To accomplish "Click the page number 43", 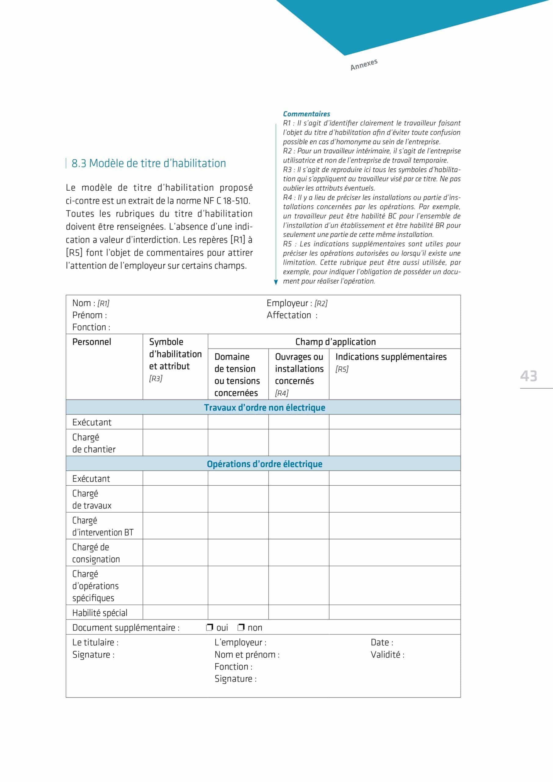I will pyautogui.click(x=528, y=376).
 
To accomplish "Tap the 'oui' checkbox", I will pyautogui.click(x=209, y=627).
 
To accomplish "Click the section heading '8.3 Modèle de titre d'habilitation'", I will pyautogui.click(x=148, y=163).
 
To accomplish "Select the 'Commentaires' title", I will pyautogui.click(x=307, y=114).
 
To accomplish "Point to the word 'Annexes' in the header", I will pyautogui.click(x=364, y=64).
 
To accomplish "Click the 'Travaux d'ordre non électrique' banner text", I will pyautogui.click(x=264, y=408).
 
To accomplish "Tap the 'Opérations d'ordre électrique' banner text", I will pyautogui.click(x=264, y=464).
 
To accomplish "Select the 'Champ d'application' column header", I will pyautogui.click(x=335, y=342).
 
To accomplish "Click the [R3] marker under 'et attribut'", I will pyautogui.click(x=156, y=378).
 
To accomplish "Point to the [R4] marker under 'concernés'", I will pyautogui.click(x=282, y=393).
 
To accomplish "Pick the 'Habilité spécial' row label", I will pyautogui.click(x=100, y=613).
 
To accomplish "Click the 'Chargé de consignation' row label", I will pyautogui.click(x=96, y=553).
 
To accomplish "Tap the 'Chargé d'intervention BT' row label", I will pyautogui.click(x=103, y=526).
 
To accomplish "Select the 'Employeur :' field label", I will pyautogui.click(x=289, y=303).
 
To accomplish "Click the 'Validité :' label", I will pyautogui.click(x=387, y=655).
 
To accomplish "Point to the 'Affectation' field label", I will pyautogui.click(x=289, y=315).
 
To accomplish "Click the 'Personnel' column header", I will pyautogui.click(x=92, y=342).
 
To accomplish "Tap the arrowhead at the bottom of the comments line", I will pyautogui.click(x=276, y=282).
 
